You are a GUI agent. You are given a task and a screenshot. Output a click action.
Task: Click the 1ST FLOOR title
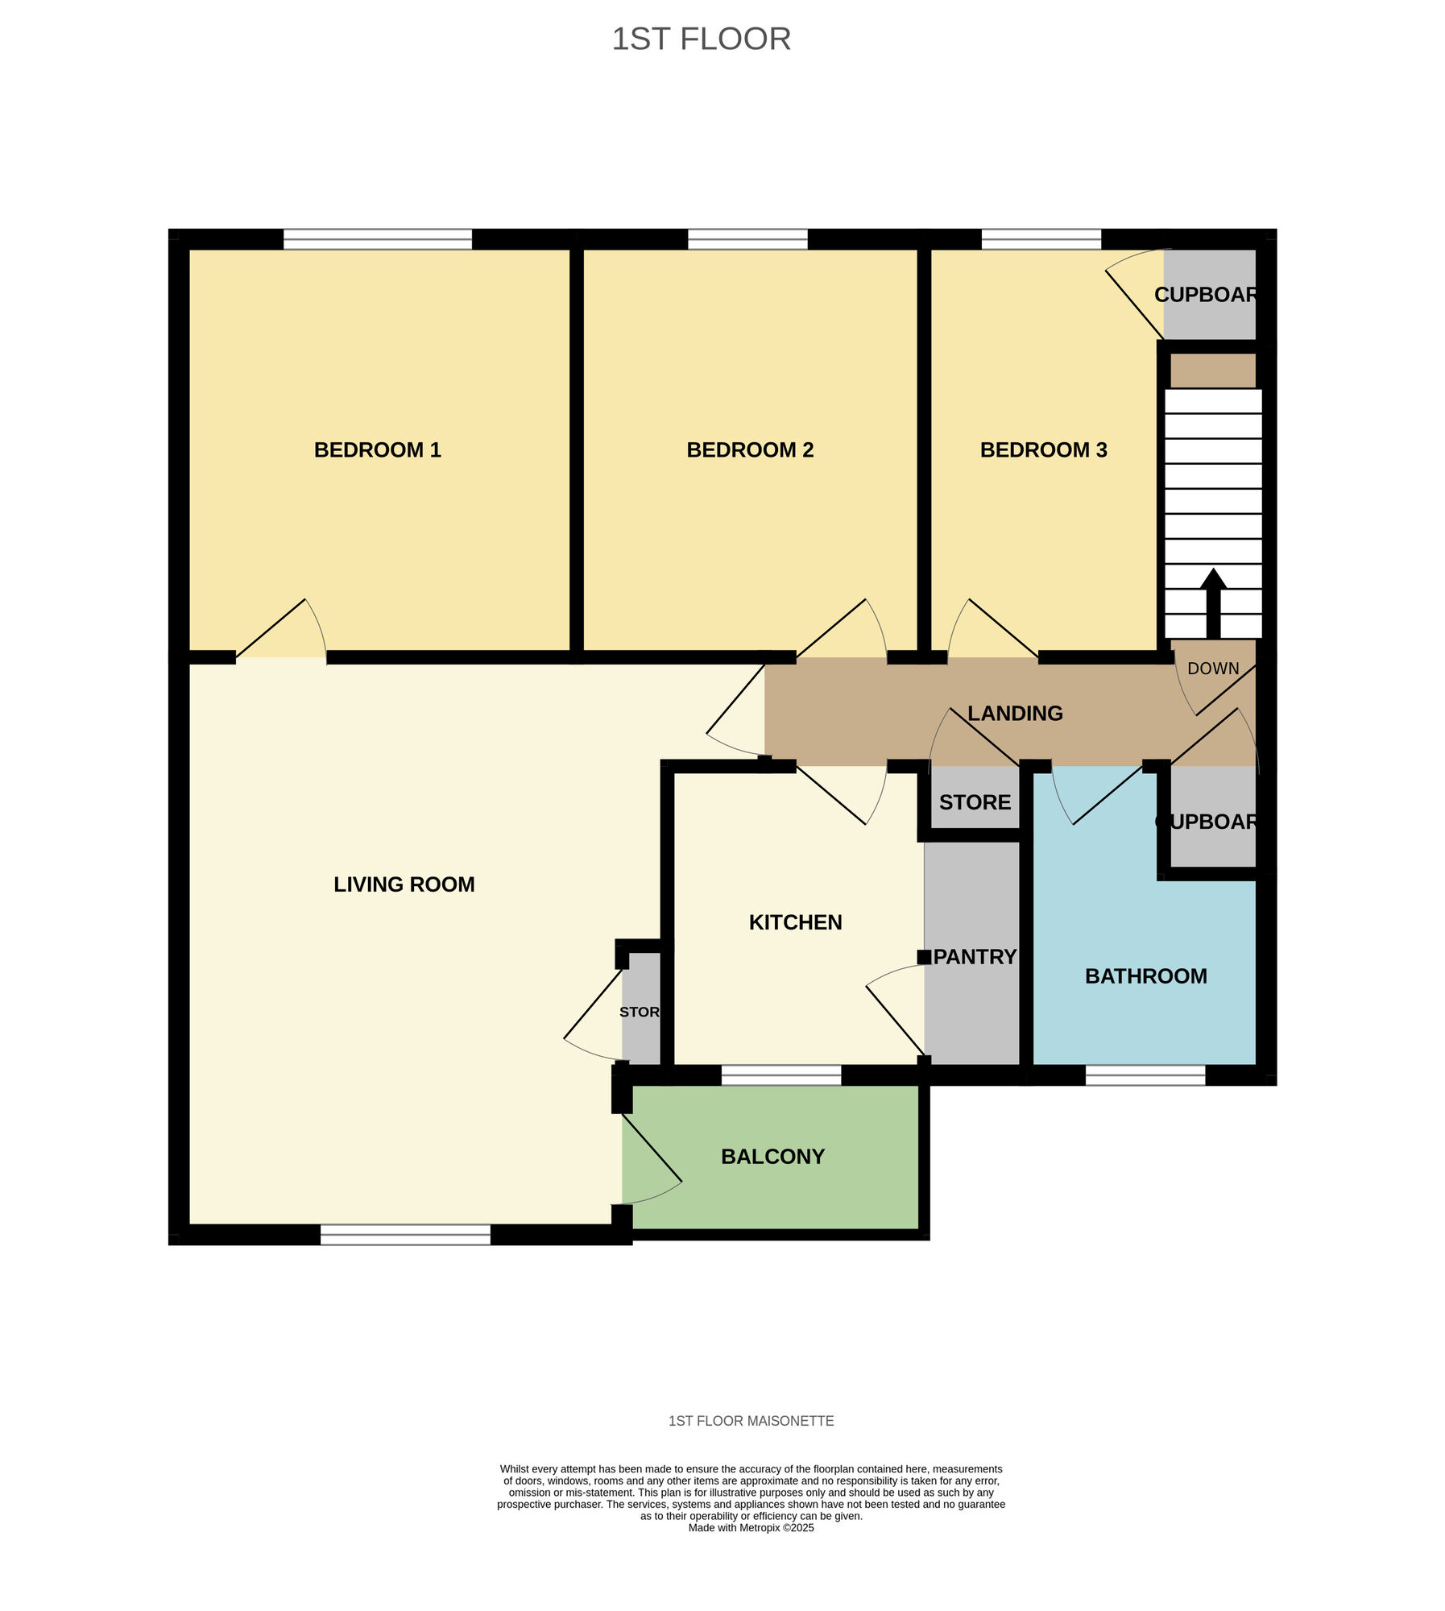click(701, 39)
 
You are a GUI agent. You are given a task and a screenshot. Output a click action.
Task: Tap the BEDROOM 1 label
click(377, 449)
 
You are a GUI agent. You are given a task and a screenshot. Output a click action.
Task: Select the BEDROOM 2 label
click(750, 449)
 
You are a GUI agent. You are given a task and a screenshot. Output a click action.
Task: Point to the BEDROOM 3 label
click(1043, 449)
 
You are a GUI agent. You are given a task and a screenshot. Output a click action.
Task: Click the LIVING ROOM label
click(404, 884)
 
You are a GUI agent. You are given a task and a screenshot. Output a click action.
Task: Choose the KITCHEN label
click(795, 922)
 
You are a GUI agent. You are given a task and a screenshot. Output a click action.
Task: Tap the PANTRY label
click(975, 957)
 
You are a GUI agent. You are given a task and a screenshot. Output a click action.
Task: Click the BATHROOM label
click(1145, 976)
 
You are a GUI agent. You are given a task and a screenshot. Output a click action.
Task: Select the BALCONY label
click(772, 1157)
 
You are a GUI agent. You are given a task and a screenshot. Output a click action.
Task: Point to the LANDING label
click(1015, 713)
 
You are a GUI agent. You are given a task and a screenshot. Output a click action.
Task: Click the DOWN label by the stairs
click(1213, 669)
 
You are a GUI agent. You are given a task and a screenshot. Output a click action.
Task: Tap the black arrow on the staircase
click(1213, 603)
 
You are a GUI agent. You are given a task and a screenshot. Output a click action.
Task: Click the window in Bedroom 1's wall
click(377, 239)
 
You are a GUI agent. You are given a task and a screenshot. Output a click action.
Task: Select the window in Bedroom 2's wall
click(747, 239)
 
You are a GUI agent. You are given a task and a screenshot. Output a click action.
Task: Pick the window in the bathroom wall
click(1145, 1075)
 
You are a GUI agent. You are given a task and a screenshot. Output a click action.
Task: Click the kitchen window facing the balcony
click(781, 1075)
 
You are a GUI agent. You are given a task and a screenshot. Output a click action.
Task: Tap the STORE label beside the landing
click(975, 802)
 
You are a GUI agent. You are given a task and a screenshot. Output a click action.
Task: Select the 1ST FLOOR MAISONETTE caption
click(751, 1421)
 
